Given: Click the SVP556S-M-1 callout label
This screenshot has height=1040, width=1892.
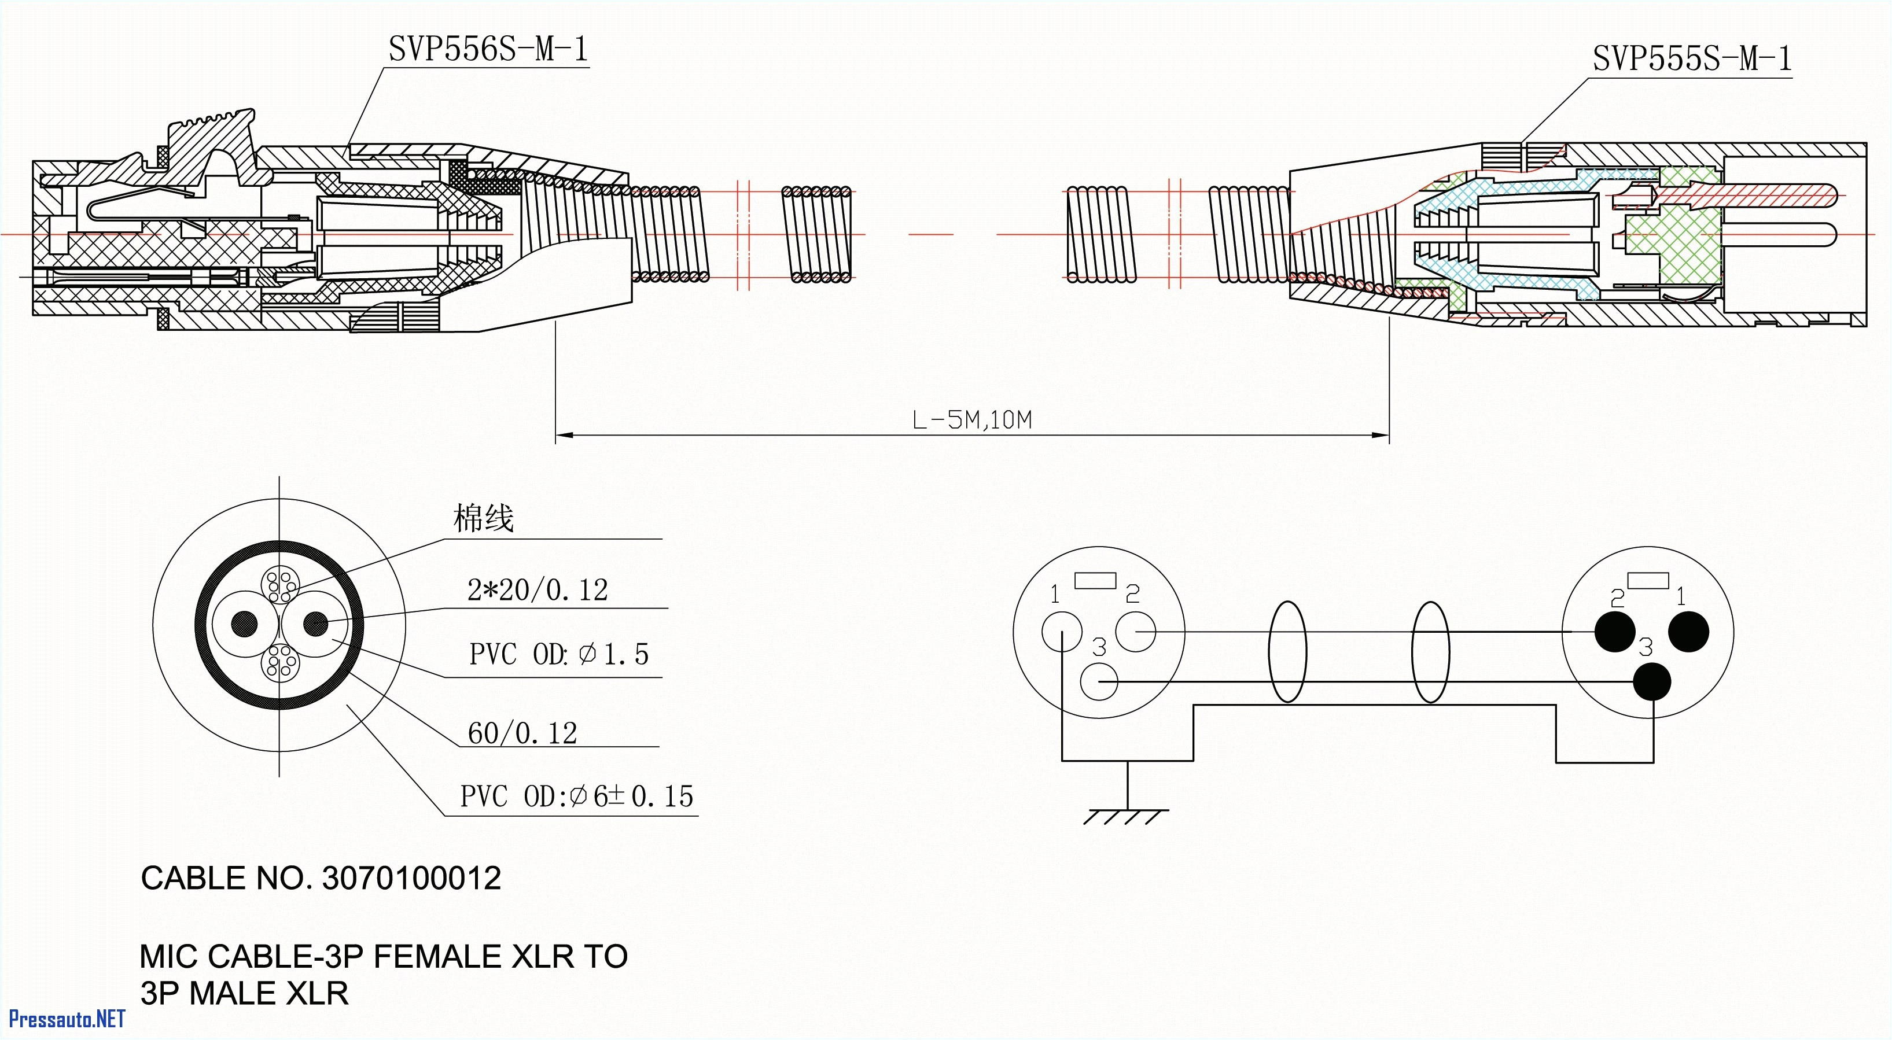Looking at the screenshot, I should pyautogui.click(x=488, y=49).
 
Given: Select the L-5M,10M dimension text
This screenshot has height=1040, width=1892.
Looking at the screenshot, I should pyautogui.click(x=971, y=420).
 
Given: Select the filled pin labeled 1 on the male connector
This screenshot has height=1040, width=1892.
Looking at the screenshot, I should pyautogui.click(x=1688, y=632).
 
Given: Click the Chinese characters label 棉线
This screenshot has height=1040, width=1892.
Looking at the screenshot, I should pyautogui.click(x=483, y=518).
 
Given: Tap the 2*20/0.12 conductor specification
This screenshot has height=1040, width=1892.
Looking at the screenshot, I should pyautogui.click(x=538, y=590).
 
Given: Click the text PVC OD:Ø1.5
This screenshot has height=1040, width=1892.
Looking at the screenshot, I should pyautogui.click(x=559, y=654).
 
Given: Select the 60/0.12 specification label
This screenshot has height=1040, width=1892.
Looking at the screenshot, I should pyautogui.click(x=522, y=733).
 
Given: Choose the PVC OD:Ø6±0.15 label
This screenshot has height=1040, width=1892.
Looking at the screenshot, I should pyautogui.click(x=576, y=796).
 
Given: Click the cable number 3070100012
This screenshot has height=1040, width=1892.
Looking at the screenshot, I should pyautogui.click(x=411, y=879).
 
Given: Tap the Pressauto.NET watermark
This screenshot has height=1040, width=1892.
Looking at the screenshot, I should pyautogui.click(x=66, y=1019).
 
